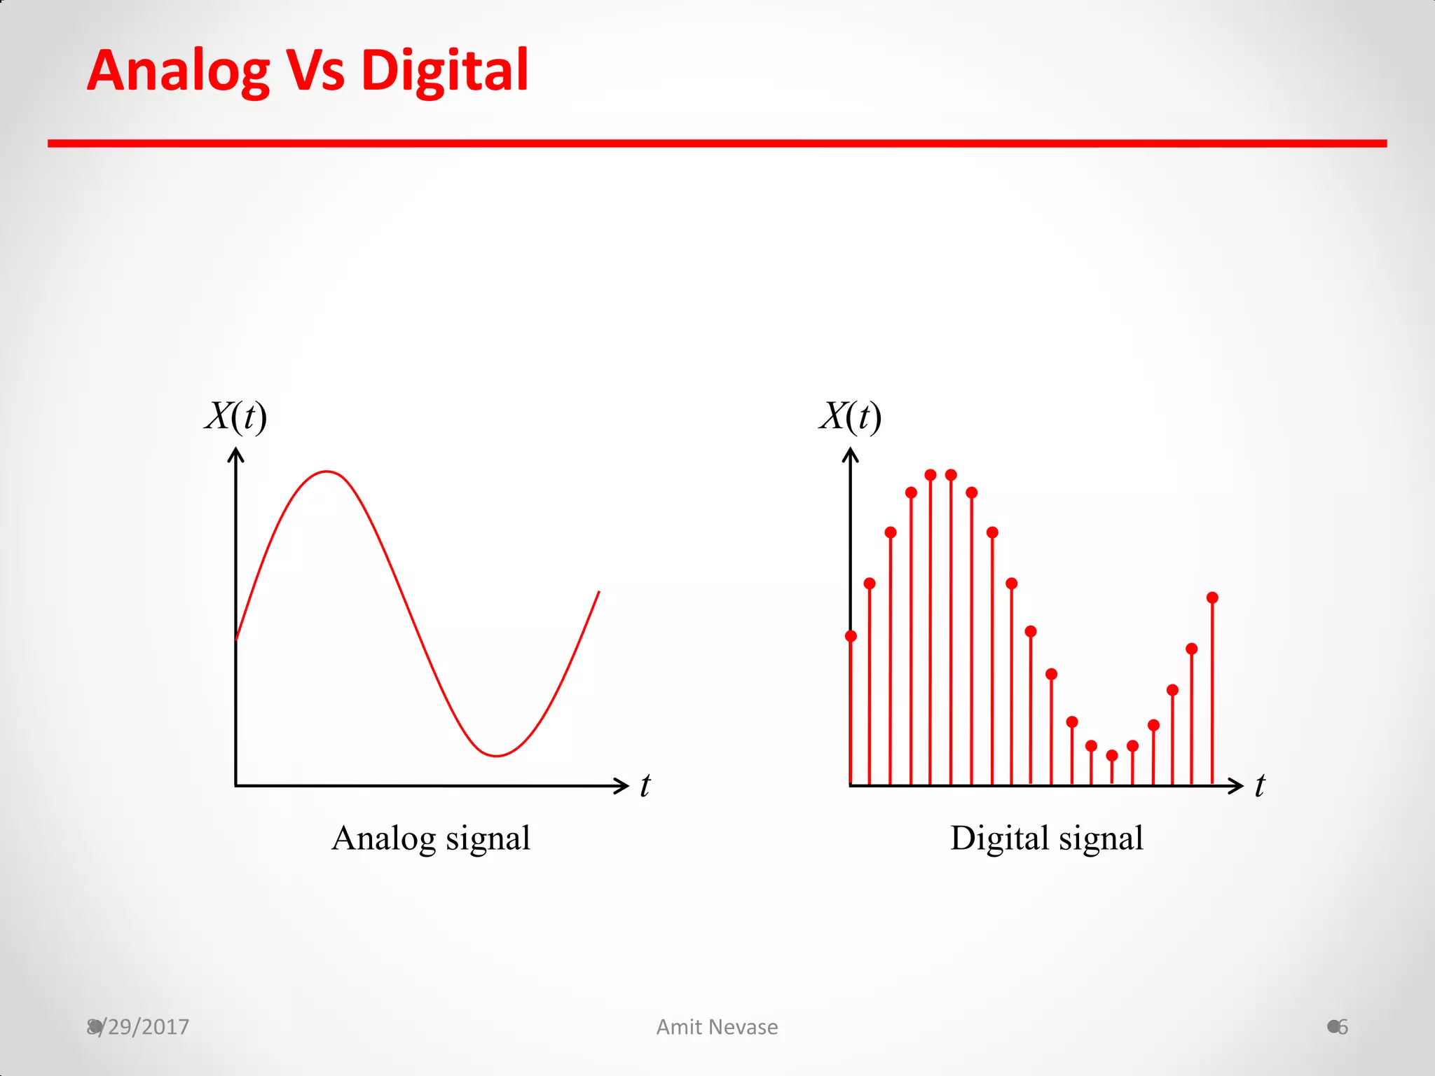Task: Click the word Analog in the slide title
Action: coord(178,71)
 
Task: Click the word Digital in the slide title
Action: coord(444,71)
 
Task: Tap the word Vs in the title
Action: coord(316,71)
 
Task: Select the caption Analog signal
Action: coord(430,838)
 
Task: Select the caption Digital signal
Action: coord(1046,838)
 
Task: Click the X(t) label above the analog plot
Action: coord(236,417)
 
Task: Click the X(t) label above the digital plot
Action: coord(850,417)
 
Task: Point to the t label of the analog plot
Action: coord(645,785)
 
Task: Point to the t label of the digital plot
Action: coord(1260,785)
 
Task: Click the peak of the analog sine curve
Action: coord(327,472)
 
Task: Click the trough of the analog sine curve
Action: coord(496,755)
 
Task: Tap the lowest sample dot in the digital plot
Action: coord(1112,755)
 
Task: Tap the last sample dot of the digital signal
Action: coord(1212,598)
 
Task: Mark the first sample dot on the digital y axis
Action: coord(851,636)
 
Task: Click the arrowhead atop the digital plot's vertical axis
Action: coord(850,455)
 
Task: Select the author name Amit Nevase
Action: coord(717,1027)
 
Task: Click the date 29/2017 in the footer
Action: coord(147,1027)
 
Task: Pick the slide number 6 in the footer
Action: coord(1343,1027)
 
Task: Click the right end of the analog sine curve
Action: coord(598,593)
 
